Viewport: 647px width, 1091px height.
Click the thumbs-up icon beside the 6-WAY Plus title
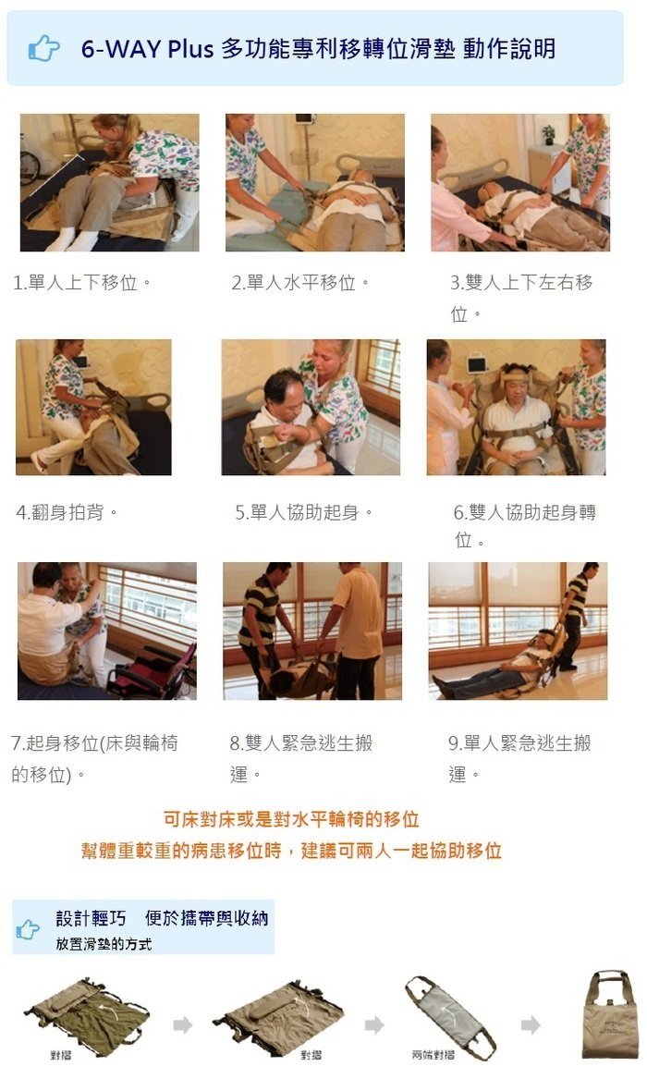[x=43, y=48]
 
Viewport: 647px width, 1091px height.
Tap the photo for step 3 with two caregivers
[x=520, y=182]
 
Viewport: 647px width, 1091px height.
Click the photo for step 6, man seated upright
[x=516, y=407]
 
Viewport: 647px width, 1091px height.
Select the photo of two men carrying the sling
[x=312, y=631]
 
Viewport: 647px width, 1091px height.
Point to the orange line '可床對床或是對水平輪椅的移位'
[x=291, y=819]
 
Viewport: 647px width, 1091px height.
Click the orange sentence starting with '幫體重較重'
[x=291, y=851]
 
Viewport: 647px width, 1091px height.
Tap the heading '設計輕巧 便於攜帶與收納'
[x=162, y=918]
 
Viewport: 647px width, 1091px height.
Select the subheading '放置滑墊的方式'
[x=104, y=944]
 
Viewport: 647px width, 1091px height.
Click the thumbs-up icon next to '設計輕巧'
[x=28, y=929]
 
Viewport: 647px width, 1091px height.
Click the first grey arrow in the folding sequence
[x=182, y=1025]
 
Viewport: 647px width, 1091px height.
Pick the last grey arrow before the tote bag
[x=531, y=1025]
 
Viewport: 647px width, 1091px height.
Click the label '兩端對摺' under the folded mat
[x=433, y=1055]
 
